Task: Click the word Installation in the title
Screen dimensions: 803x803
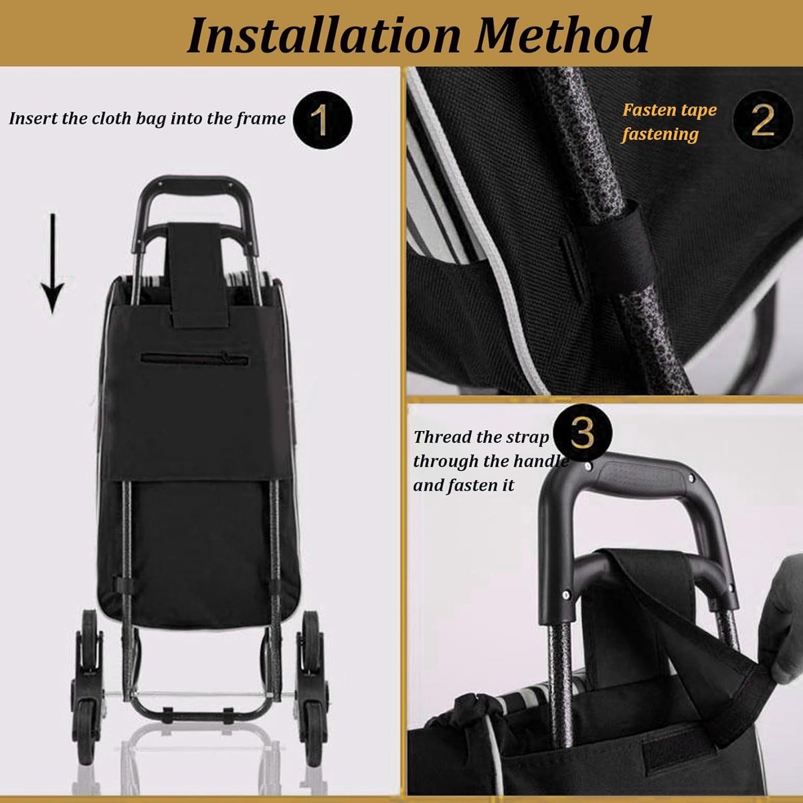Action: point(324,35)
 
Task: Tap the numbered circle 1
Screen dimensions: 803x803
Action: point(323,120)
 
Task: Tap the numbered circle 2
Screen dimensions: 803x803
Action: point(763,120)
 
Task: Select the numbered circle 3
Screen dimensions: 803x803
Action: point(583,434)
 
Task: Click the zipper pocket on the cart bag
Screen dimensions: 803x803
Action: point(195,359)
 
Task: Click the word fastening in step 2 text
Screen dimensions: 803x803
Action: point(660,135)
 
